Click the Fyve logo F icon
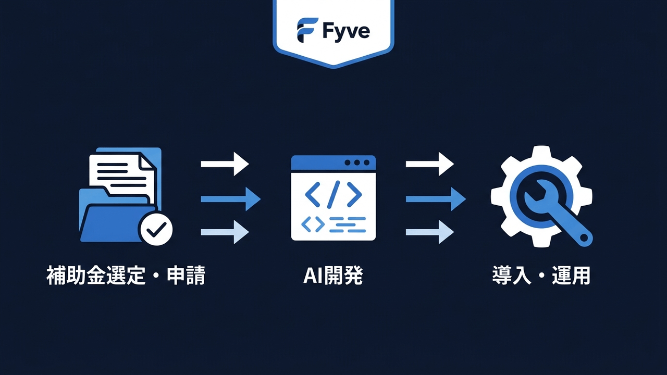307,30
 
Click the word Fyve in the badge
346,31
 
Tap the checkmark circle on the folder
156,228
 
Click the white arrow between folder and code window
225,164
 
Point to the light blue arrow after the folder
225,232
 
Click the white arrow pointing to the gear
429,164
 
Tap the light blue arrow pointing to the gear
429,232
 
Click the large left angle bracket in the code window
314,193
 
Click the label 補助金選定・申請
126,276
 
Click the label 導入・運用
541,276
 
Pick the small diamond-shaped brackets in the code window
313,224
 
